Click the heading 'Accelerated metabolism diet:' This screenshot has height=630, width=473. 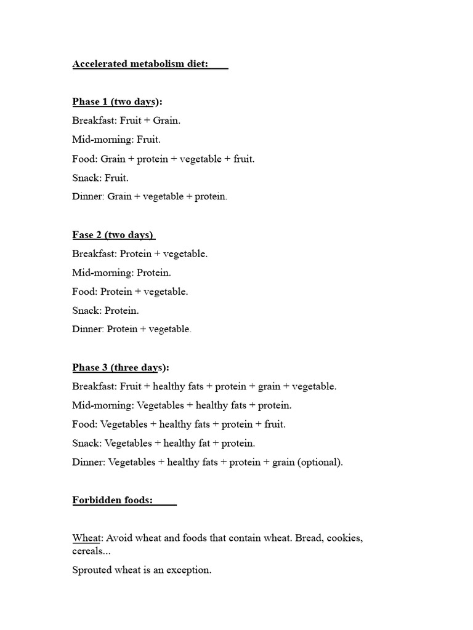(x=140, y=65)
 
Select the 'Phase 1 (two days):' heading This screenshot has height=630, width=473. (x=121, y=102)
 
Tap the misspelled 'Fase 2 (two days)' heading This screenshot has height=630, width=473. (x=113, y=235)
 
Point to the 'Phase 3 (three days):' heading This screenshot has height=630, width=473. (x=120, y=368)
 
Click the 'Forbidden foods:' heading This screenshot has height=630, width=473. (x=113, y=500)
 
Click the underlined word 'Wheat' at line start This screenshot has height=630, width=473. (x=86, y=538)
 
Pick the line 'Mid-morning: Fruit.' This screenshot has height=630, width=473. (x=116, y=140)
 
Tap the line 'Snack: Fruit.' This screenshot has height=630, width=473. (x=100, y=178)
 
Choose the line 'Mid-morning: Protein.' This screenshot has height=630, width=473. (x=122, y=273)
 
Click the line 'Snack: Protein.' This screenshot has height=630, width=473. (x=105, y=311)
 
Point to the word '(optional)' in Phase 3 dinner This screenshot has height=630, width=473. (x=320, y=462)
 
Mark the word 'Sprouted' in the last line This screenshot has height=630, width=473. (x=91, y=570)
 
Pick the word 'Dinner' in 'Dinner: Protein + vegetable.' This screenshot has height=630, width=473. (x=87, y=330)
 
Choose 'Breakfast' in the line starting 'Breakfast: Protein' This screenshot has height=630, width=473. (x=94, y=254)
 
